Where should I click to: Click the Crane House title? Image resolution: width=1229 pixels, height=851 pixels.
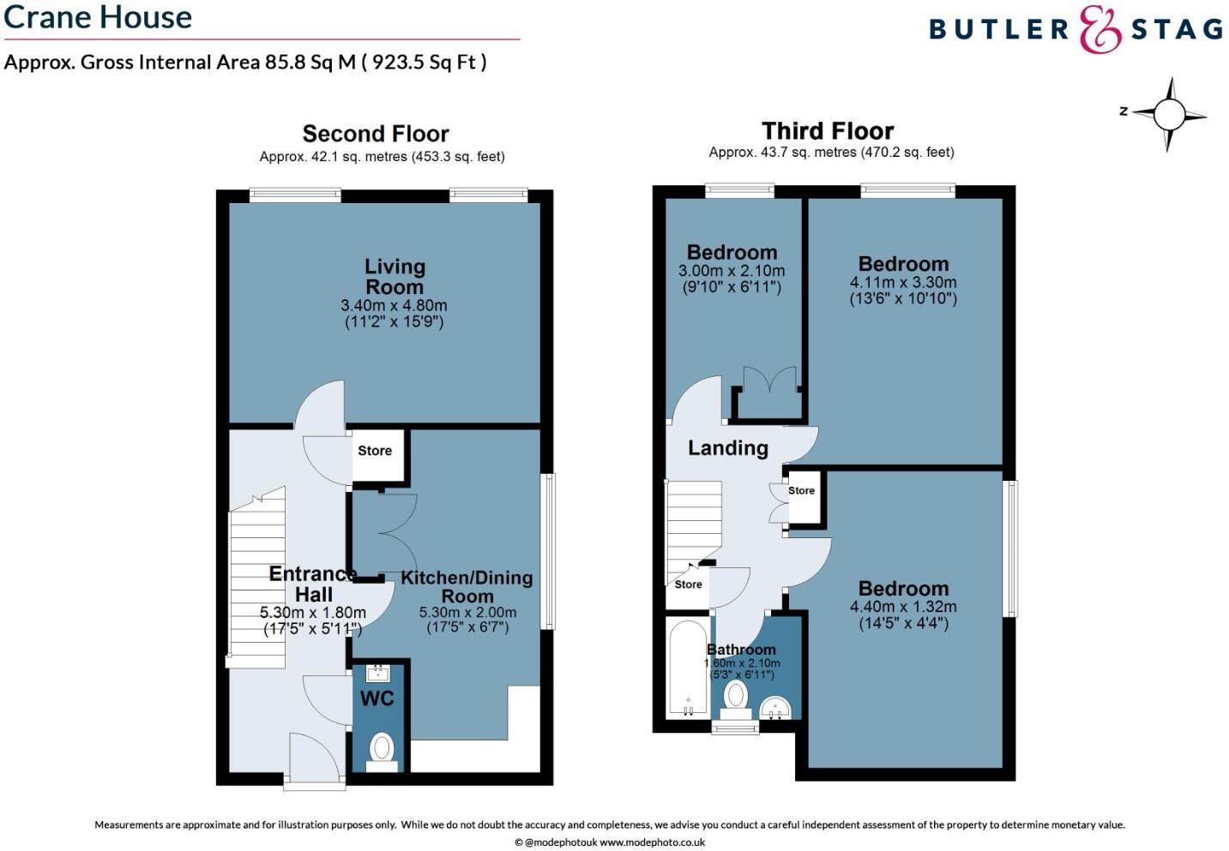(98, 17)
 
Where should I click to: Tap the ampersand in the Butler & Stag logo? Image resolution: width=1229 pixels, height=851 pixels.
(1099, 30)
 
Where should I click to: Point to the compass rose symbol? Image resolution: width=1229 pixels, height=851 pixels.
(1169, 114)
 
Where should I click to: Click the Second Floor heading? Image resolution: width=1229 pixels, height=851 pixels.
(376, 134)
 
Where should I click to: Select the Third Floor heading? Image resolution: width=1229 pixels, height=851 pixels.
(828, 131)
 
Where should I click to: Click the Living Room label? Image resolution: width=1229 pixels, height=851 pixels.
(395, 277)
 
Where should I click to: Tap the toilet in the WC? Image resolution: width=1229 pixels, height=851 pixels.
(382, 748)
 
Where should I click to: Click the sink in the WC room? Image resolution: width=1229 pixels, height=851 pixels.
(377, 672)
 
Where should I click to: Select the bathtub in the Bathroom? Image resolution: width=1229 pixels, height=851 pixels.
(688, 668)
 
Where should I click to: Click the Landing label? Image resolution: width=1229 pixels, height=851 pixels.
(727, 448)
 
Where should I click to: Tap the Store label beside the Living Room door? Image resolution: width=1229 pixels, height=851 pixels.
(375, 451)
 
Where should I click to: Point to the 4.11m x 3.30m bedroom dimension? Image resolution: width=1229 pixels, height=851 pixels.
(903, 283)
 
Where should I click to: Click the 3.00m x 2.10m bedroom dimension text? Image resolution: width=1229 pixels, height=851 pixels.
(732, 271)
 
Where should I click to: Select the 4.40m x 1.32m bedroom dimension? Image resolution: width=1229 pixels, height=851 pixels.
(903, 607)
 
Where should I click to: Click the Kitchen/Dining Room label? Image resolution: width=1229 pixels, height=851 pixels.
(467, 587)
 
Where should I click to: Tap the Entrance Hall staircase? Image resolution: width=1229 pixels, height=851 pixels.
(256, 583)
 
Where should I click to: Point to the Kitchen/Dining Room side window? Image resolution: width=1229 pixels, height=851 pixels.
(548, 550)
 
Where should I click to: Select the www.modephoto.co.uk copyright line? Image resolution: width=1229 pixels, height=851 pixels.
(610, 842)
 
